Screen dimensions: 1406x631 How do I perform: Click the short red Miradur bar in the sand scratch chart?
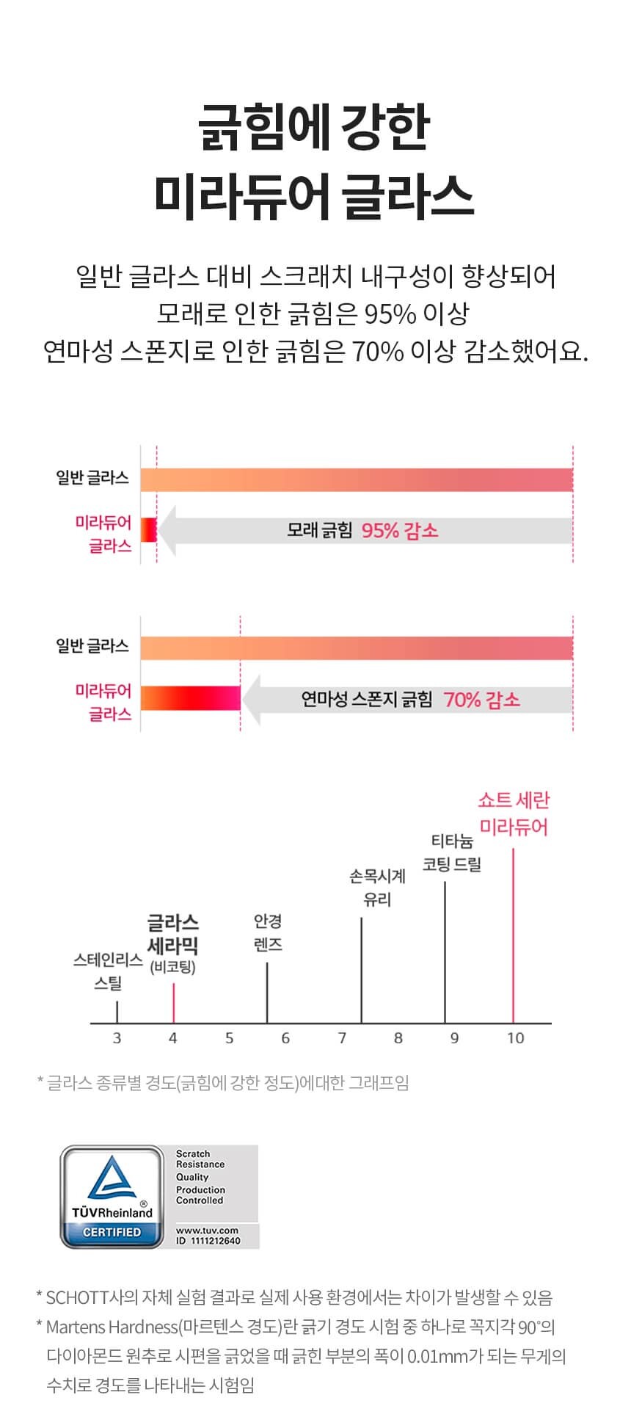[149, 529]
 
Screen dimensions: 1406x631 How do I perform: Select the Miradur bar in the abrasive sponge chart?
[191, 698]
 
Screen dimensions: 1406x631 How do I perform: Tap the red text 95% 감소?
[400, 530]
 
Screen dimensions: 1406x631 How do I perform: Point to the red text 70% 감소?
[481, 699]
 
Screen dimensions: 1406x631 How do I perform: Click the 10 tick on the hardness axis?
[515, 1037]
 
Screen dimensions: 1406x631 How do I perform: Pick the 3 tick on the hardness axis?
[117, 1037]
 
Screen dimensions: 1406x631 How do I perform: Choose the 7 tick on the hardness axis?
[342, 1037]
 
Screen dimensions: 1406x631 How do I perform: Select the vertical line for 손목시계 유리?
[361, 969]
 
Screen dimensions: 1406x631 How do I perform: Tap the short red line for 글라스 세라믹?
[173, 1002]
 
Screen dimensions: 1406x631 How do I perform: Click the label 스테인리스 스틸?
[108, 971]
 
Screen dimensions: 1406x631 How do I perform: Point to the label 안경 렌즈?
[268, 932]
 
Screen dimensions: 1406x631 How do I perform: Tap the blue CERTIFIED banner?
[112, 1232]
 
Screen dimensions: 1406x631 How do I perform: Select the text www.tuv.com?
[207, 1230]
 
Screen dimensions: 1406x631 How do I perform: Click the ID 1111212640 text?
[208, 1241]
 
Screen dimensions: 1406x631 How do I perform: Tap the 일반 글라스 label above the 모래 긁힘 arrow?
[92, 478]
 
